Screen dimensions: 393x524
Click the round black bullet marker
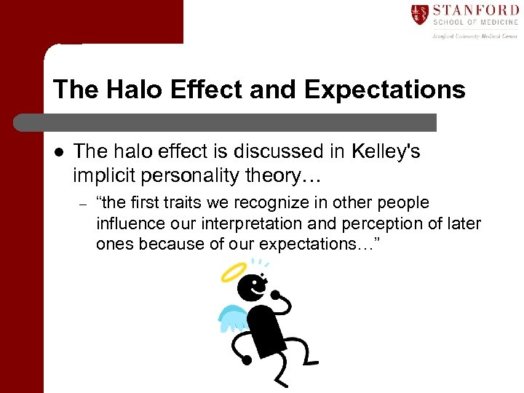pos(58,151)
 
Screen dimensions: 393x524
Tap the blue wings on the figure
pos(234,317)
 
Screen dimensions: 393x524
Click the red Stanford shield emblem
pos(420,15)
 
